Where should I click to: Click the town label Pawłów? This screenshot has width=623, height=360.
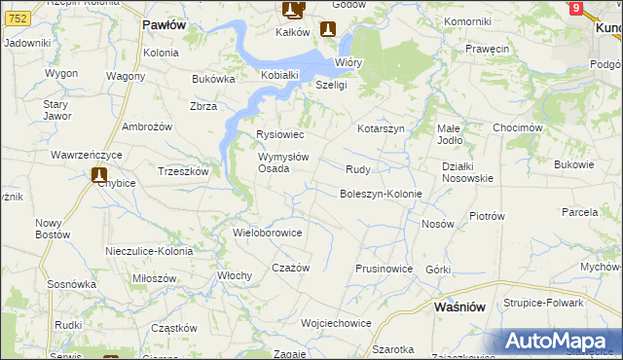tap(164, 25)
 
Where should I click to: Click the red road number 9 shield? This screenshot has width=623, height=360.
tap(576, 9)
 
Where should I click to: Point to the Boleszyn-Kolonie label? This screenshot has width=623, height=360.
tap(380, 194)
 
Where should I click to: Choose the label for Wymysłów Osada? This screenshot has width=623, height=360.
tap(283, 162)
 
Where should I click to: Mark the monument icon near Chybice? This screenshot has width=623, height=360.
tap(99, 175)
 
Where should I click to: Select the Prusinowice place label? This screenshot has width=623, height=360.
tap(385, 269)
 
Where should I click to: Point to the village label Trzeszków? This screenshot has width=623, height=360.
tap(183, 170)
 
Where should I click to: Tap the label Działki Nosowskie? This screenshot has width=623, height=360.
tap(467, 172)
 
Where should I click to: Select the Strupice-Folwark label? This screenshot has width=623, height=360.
tap(543, 303)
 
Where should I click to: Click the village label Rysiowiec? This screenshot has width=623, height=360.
tap(280, 134)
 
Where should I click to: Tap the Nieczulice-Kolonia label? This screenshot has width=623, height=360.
tap(149, 251)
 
